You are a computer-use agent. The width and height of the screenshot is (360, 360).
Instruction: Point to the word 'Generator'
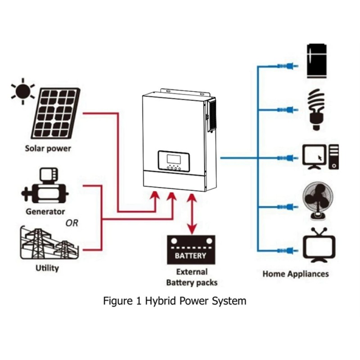click(45, 211)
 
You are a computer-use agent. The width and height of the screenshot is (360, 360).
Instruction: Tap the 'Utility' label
click(47, 268)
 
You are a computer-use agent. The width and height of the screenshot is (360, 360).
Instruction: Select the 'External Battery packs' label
click(192, 277)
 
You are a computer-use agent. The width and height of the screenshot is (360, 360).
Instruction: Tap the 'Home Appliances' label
click(295, 274)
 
